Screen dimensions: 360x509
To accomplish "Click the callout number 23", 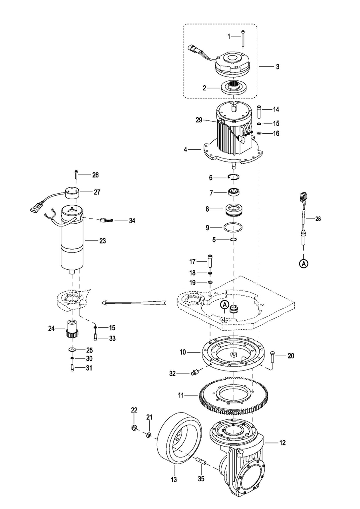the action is (103, 240).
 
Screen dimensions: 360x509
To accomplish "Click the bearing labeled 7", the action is (234, 192).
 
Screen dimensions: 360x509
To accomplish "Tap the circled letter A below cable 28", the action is (304, 263).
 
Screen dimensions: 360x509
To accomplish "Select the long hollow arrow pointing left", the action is (134, 303).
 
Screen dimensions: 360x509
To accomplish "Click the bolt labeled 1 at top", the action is (243, 39).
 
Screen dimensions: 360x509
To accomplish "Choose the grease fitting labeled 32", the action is (194, 372).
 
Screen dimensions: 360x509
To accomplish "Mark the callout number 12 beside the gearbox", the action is (282, 443).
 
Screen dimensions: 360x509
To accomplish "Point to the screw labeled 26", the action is (76, 175).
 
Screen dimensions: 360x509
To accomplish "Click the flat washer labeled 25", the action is (72, 349).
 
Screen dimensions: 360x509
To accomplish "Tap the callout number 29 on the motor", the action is (199, 120).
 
